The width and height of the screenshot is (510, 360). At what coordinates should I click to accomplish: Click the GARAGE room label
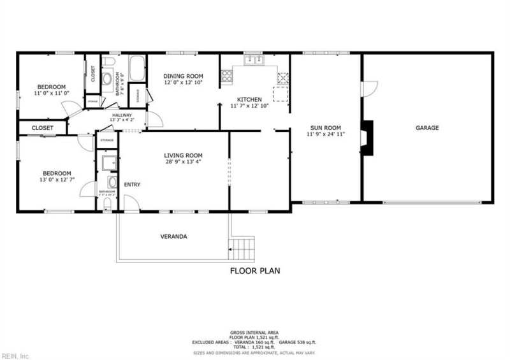[x=427, y=128]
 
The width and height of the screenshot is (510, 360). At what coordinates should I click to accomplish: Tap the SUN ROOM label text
[x=325, y=127]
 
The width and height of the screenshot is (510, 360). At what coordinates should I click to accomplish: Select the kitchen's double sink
[x=252, y=61]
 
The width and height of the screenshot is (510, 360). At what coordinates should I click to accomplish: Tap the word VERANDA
[x=173, y=236]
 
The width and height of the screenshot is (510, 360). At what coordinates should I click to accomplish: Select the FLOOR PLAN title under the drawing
[x=255, y=271]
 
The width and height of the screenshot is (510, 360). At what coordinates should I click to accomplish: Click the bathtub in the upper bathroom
[x=137, y=69]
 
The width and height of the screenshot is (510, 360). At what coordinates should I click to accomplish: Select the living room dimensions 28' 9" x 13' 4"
[x=183, y=162]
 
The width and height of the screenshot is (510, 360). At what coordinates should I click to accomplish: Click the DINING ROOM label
[x=183, y=75]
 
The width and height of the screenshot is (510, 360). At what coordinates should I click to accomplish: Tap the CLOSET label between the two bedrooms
[x=42, y=128]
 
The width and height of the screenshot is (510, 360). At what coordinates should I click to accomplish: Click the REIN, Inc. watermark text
[x=15, y=355]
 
